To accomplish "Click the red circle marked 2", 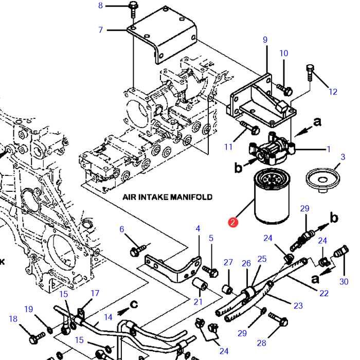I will coord(233,222).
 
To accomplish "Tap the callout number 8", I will coord(101,6).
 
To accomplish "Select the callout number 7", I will coord(101,30).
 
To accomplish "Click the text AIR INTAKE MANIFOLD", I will coord(167,197).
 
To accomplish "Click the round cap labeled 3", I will coord(322,180).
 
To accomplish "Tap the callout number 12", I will coord(333,92).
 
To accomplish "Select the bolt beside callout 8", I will coord(133,9).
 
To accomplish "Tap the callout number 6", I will coord(122,229).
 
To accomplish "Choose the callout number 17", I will coord(95,293).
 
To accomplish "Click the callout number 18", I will coord(13,319).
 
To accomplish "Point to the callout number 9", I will coord(265,40).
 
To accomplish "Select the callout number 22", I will coord(324,293).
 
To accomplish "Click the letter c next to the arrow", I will coord(134,304).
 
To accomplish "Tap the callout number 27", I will coord(228,262).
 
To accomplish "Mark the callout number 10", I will coord(284,53).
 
